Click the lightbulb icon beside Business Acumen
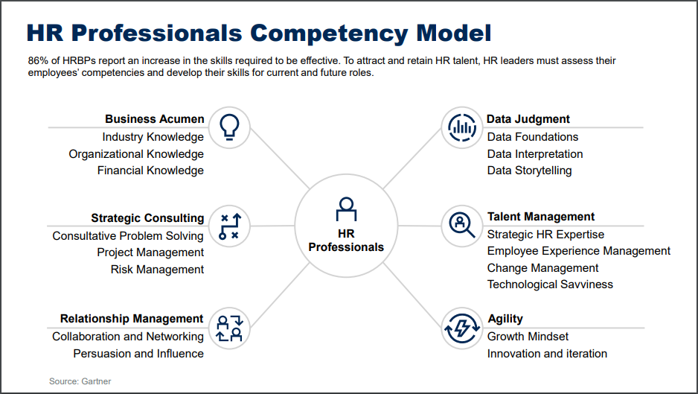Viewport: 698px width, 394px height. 229,127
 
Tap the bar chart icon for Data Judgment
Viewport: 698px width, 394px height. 462,127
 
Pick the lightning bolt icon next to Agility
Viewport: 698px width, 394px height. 462,328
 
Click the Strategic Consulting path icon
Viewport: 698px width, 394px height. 230,226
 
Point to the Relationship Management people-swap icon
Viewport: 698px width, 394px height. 230,328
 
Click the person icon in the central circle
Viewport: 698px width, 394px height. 346,209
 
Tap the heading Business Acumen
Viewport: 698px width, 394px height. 155,119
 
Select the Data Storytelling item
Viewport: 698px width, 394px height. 529,171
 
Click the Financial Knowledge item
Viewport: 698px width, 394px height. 150,171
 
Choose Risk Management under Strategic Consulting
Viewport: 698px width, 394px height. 157,269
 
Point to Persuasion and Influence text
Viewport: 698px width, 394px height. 138,354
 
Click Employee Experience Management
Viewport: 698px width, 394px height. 579,251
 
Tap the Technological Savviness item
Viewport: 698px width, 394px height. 550,285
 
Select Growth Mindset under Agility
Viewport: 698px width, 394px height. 528,337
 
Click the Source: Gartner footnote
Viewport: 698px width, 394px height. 80,381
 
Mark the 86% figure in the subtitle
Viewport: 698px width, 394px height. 37,60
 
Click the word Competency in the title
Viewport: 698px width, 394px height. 329,33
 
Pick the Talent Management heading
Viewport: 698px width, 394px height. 541,217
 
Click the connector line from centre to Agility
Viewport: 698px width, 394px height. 412,296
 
